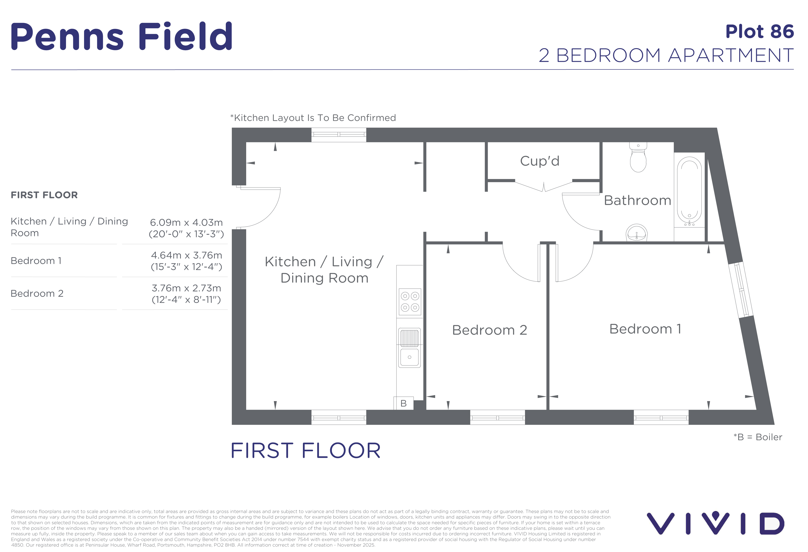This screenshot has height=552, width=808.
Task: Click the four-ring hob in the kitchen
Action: pyautogui.click(x=410, y=302)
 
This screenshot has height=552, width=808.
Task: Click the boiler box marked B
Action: pyautogui.click(x=403, y=403)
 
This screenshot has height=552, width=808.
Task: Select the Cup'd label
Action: pyautogui.click(x=540, y=161)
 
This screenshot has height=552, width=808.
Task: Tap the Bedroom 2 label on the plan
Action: pyautogui.click(x=490, y=330)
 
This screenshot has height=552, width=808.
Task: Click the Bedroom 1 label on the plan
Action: pyautogui.click(x=645, y=329)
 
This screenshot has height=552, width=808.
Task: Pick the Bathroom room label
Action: pyautogui.click(x=638, y=200)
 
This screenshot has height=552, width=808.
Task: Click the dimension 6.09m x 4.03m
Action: pyautogui.click(x=186, y=223)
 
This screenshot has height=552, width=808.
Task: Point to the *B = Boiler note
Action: pyautogui.click(x=758, y=437)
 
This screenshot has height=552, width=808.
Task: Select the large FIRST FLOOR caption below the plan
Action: pyautogui.click(x=306, y=451)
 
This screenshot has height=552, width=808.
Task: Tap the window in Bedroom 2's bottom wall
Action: pyautogui.click(x=497, y=418)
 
